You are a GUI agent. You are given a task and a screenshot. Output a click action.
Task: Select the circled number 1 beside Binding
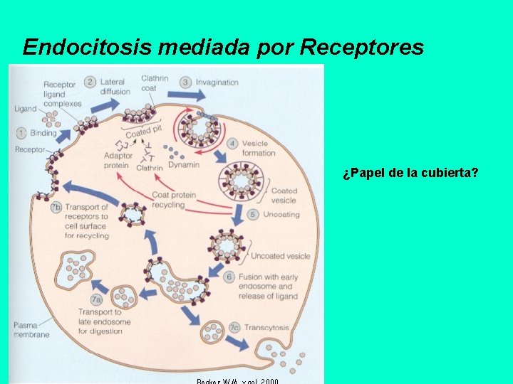coord(21,132)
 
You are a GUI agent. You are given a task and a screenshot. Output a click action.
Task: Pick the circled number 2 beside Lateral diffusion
coord(90,82)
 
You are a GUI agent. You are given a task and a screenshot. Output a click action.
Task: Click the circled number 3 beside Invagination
coord(185,82)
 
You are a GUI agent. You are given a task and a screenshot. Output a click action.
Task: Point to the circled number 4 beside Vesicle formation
coord(232,143)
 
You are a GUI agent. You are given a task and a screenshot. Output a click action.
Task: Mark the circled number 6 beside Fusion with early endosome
coord(229,277)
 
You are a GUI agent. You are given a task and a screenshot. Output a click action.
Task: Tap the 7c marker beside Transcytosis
coord(234,328)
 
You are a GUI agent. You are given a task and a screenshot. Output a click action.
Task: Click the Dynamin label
coord(184,165)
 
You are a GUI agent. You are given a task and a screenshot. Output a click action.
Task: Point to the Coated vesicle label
coord(284,196)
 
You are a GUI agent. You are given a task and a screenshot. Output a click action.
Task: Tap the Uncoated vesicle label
coord(281,256)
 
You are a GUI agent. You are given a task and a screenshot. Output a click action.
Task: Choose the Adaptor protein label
coord(117,160)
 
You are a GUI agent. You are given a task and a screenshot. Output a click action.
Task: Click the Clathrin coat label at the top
coord(155,82)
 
